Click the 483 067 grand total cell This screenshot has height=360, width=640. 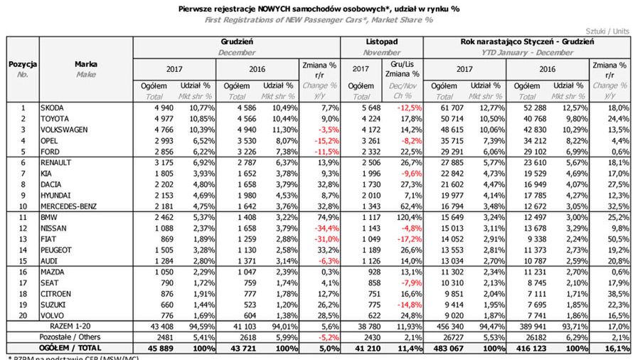tap(440, 349)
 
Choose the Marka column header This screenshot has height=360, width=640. tap(86, 64)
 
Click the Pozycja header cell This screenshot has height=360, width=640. tap(22, 64)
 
